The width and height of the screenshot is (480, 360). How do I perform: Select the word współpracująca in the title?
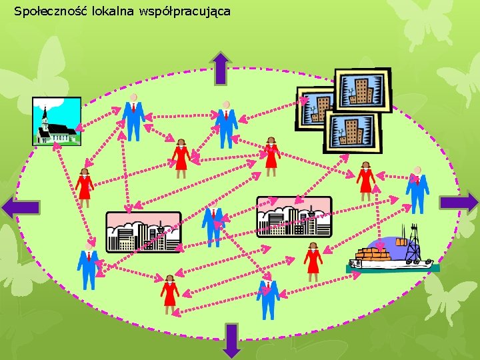182,11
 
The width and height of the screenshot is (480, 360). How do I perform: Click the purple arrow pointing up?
221,69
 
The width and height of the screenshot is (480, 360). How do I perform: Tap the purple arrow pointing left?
20,207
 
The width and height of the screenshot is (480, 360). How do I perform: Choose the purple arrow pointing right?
459,203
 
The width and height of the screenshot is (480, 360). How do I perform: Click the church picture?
57,121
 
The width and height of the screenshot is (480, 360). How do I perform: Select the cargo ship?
393,257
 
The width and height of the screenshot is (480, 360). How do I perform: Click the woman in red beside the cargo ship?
313,261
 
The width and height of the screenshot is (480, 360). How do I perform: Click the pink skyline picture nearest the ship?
294,217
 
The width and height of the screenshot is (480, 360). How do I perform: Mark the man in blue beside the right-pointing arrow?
418,189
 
